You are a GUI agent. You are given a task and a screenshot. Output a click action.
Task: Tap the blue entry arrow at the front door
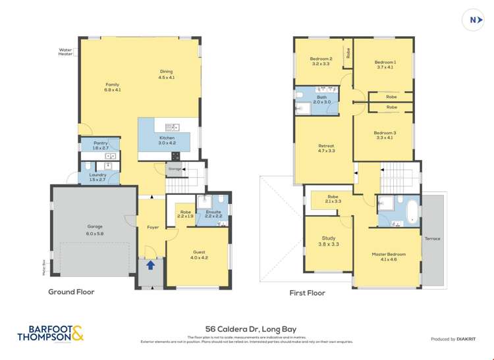150,265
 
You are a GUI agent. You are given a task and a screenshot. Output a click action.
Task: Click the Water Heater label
65,51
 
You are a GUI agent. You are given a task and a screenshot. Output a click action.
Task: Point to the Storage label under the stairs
174,169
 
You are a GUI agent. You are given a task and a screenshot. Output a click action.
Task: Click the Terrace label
432,238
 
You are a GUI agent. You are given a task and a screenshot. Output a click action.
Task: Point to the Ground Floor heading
70,292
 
